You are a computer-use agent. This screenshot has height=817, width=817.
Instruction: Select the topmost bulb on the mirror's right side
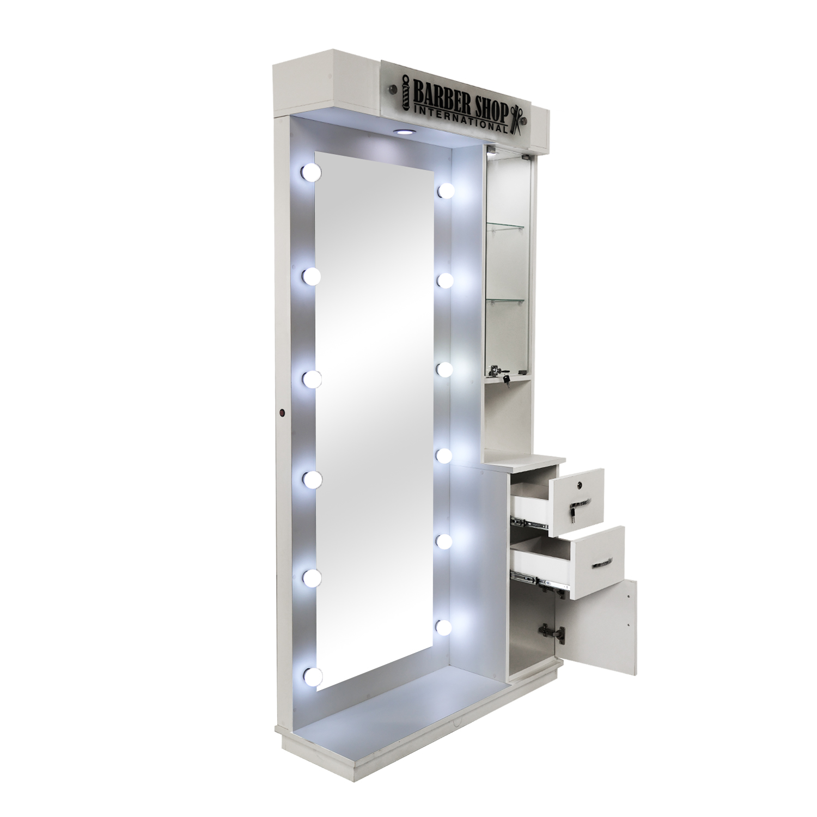coord(447,190)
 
